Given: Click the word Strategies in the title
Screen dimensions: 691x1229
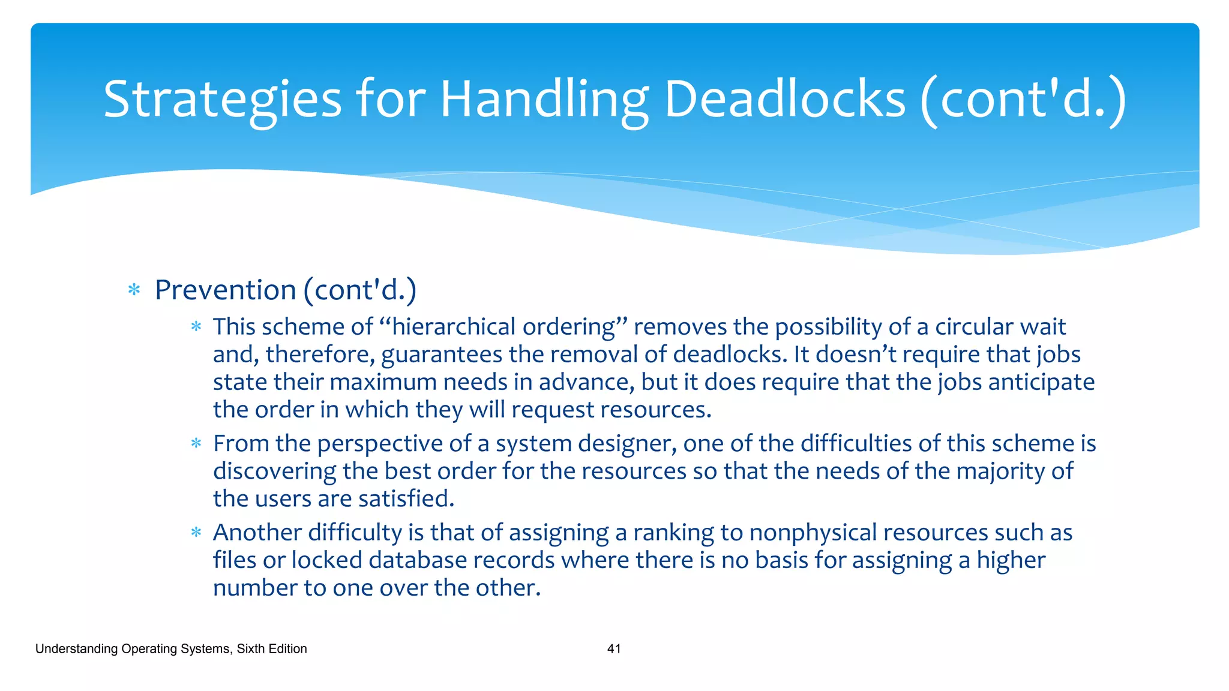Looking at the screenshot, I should tap(222, 100).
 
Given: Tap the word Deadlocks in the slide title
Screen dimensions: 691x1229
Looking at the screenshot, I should tap(784, 100).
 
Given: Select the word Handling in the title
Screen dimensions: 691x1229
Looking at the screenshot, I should tap(544, 100).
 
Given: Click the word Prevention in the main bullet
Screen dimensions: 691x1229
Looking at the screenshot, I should tap(225, 290).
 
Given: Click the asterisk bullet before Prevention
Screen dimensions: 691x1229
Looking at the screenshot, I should tap(134, 291).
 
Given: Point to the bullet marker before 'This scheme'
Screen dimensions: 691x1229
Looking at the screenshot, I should tap(196, 327).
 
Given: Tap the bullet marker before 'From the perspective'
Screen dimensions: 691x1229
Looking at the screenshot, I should tap(196, 444).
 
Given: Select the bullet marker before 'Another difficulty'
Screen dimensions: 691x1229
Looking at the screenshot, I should tap(196, 533).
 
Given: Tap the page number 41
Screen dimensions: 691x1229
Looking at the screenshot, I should tap(614, 648).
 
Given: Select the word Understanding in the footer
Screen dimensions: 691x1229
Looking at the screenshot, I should tap(76, 648).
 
